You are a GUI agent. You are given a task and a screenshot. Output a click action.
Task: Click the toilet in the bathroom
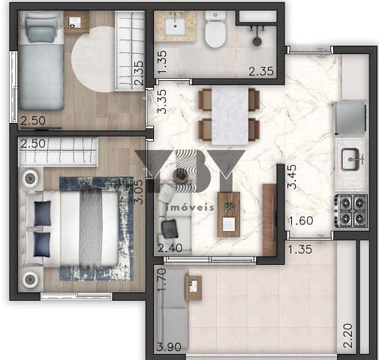[x=215, y=29]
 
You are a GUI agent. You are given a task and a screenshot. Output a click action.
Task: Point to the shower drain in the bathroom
[x=257, y=41]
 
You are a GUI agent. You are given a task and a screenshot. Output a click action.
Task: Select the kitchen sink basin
[x=350, y=159]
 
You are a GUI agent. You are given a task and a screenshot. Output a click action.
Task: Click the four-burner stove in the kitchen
[x=350, y=211]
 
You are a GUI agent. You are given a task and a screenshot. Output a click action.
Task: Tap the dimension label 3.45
[x=292, y=177]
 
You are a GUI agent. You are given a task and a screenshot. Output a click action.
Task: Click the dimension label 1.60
[x=301, y=220]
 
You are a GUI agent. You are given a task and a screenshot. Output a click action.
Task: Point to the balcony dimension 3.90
[x=169, y=347]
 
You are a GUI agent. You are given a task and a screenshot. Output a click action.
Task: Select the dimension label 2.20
[x=347, y=335]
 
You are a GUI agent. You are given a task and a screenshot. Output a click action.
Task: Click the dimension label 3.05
[x=139, y=192]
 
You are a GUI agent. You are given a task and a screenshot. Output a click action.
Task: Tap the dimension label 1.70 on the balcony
[x=162, y=279]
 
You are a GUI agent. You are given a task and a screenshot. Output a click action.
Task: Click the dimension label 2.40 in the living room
[x=170, y=248]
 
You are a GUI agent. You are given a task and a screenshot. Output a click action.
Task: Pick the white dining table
[x=230, y=115]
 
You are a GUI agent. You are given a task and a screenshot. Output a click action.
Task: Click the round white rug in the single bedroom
[x=92, y=59]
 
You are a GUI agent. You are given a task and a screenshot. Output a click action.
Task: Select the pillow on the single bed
[x=41, y=31]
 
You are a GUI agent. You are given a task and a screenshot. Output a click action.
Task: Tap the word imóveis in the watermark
[x=190, y=208]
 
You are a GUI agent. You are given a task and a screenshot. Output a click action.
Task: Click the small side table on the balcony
[x=194, y=288]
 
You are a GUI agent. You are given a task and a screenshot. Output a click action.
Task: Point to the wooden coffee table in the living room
[x=229, y=214]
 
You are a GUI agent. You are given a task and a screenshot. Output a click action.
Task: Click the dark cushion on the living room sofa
[x=170, y=229]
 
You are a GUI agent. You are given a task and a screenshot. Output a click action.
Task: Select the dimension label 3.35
[x=162, y=101]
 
